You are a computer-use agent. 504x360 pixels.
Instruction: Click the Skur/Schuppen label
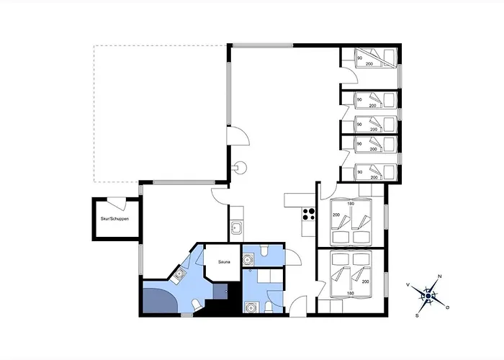pyautogui.click(x=114, y=219)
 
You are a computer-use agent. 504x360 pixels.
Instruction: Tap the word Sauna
pyautogui.click(x=224, y=262)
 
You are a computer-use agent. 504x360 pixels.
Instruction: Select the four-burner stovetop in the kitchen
pyautogui.click(x=309, y=214)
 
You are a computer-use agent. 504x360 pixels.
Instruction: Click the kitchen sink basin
pyautogui.click(x=236, y=228)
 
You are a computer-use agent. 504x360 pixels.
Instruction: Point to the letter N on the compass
pyautogui.click(x=440, y=276)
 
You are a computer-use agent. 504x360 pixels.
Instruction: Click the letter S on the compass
pyautogui.click(x=417, y=315)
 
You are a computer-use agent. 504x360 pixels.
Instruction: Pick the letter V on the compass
pyautogui.click(x=408, y=285)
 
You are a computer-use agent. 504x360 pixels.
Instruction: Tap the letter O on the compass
pyautogui.click(x=447, y=307)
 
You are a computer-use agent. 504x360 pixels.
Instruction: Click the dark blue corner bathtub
pyautogui.click(x=160, y=300)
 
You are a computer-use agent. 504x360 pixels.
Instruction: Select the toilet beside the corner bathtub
pyautogui.click(x=196, y=305)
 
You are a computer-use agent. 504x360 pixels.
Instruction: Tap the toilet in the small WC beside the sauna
pyautogui.click(x=264, y=251)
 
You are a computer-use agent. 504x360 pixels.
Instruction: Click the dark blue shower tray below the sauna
pyautogui.click(x=220, y=291)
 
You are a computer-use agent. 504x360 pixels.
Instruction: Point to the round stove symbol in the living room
pyautogui.click(x=240, y=168)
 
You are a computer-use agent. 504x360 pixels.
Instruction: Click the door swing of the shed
pyautogui.click(x=117, y=202)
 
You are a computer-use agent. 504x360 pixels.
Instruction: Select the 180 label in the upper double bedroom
pyautogui.click(x=351, y=204)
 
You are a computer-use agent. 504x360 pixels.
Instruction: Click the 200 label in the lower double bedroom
pyautogui.click(x=366, y=282)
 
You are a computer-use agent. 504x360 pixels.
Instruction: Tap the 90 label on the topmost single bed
pyautogui.click(x=360, y=58)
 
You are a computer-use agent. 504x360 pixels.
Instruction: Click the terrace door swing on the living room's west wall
pyautogui.click(x=238, y=136)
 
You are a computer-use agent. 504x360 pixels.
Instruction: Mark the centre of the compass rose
pyautogui.click(x=428, y=296)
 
